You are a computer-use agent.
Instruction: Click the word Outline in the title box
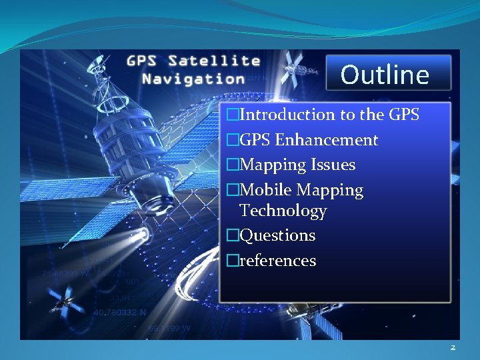point(385,74)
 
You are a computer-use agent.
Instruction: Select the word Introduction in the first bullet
point(287,115)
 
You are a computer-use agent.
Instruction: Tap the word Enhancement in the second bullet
point(326,140)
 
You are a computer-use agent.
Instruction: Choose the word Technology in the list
point(283,211)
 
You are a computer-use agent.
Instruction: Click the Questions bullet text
point(277,235)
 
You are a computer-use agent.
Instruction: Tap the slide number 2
point(453,347)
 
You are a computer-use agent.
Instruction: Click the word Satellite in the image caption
point(214,61)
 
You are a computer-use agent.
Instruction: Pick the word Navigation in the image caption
point(193,78)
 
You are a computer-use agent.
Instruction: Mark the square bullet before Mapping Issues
point(232,165)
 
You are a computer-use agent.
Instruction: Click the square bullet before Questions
point(232,236)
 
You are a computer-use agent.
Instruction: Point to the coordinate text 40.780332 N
point(120,311)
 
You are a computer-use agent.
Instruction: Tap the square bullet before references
point(232,261)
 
